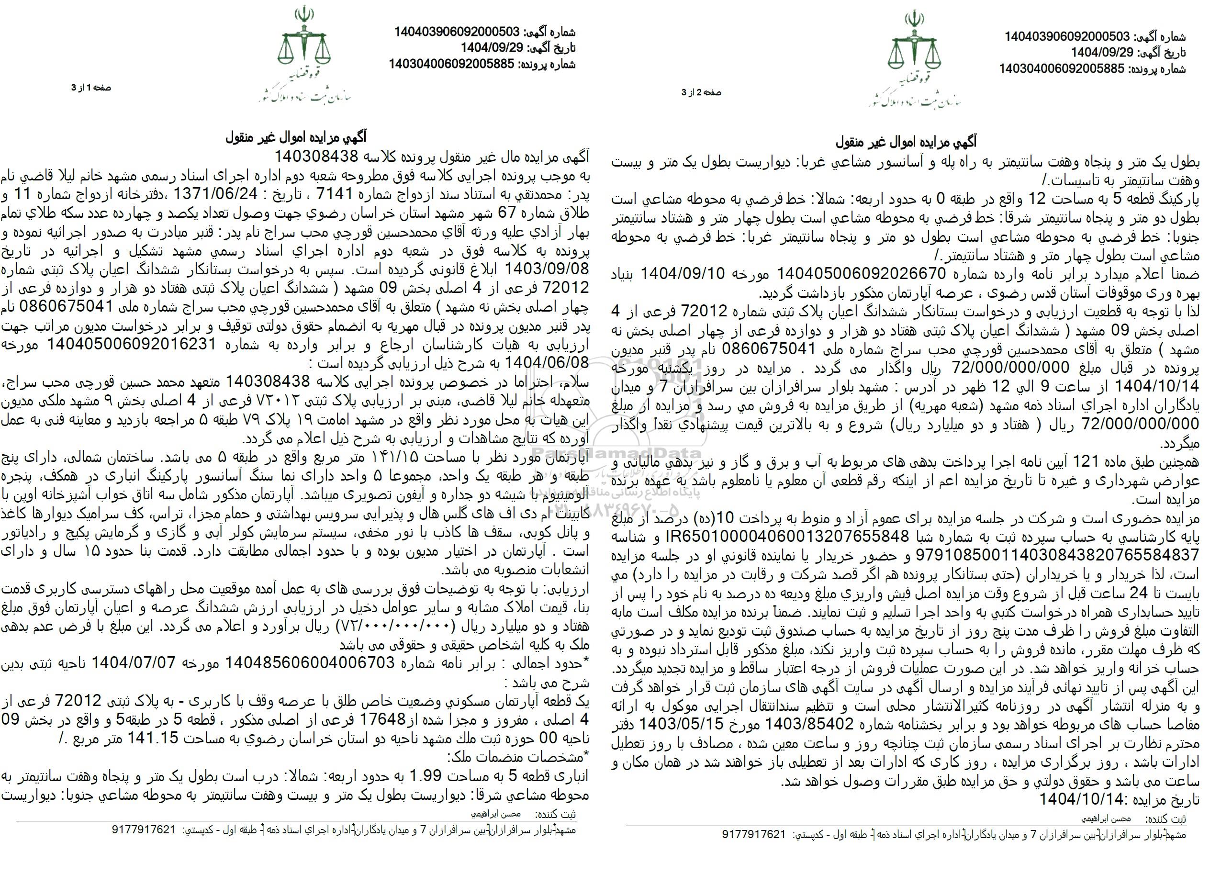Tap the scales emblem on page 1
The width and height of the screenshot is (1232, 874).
pos(302,46)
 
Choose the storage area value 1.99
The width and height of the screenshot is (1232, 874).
pos(425,775)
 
